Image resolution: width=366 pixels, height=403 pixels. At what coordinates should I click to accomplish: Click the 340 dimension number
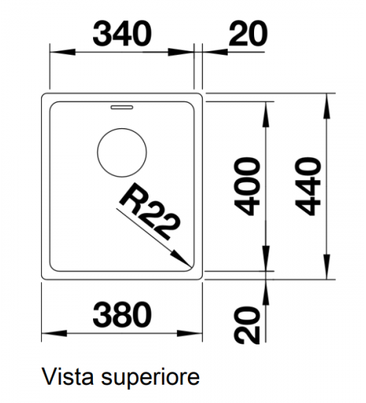[x=122, y=34]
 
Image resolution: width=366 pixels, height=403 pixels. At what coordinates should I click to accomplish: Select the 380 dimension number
[x=122, y=314]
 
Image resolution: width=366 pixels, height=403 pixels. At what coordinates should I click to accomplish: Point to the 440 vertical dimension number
[x=308, y=187]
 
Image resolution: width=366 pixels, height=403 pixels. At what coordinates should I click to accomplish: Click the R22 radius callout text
[x=149, y=211]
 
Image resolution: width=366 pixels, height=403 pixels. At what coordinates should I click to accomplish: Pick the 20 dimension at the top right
[x=248, y=34]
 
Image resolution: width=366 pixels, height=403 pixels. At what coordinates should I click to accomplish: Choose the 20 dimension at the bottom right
[x=247, y=325]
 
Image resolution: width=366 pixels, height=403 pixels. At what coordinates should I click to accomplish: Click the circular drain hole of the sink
[x=122, y=152]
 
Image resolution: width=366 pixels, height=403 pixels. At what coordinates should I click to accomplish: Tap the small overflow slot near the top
[x=122, y=107]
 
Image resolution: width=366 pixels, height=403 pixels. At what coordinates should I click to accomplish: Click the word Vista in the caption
[x=67, y=377]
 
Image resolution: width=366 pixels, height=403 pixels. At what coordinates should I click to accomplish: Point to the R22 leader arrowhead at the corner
[x=182, y=259]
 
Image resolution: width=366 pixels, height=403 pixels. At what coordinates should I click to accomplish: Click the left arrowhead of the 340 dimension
[x=62, y=52]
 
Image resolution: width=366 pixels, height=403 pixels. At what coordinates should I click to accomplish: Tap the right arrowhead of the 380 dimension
[x=190, y=333]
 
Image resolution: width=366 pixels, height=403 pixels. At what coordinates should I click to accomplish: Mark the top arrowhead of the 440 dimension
[x=326, y=106]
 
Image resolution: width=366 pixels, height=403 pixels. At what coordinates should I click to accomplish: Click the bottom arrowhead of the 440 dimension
[x=326, y=267]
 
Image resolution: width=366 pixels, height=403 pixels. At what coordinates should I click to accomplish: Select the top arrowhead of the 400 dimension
[x=266, y=114]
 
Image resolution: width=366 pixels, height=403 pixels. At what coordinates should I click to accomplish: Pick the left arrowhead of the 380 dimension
[x=54, y=333]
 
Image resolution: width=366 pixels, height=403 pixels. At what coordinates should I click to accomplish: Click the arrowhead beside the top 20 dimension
[x=215, y=52]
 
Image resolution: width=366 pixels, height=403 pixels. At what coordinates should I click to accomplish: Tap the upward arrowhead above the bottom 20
[x=266, y=292]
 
